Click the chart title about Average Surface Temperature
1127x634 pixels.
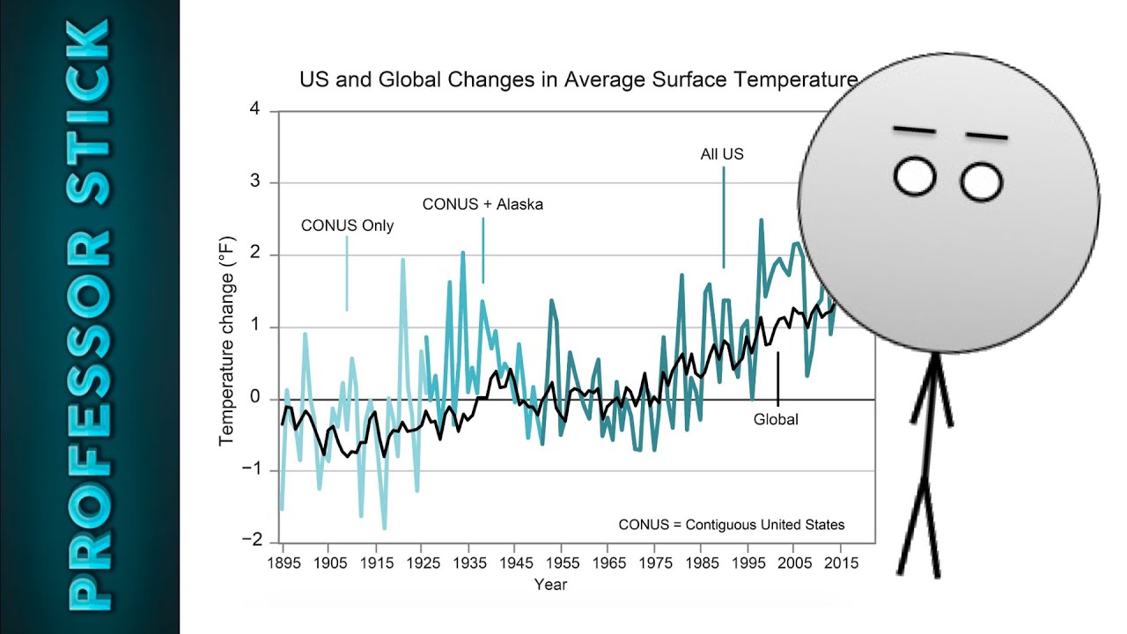[x=578, y=79]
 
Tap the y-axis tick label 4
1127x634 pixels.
[x=255, y=108]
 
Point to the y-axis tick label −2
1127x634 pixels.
[x=252, y=540]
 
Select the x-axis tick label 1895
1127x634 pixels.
[x=284, y=563]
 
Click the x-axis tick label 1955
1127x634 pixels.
[x=563, y=563]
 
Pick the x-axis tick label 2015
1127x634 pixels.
[x=841, y=563]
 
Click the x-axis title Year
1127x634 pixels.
[x=550, y=585]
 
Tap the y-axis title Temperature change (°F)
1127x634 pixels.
[x=227, y=341]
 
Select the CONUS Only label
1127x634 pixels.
[x=347, y=225]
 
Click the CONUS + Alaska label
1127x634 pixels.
[x=482, y=204]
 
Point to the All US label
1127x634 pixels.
[x=722, y=154]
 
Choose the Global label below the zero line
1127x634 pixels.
[x=776, y=420]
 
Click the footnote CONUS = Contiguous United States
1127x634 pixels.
[x=732, y=525]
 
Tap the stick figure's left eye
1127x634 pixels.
[x=915, y=176]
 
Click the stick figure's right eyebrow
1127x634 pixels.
[x=987, y=136]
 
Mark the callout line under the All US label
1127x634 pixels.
[x=724, y=217]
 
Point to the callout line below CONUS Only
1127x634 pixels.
[x=347, y=273]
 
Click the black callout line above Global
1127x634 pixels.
[x=777, y=379]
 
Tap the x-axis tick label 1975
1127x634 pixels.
[x=656, y=563]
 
